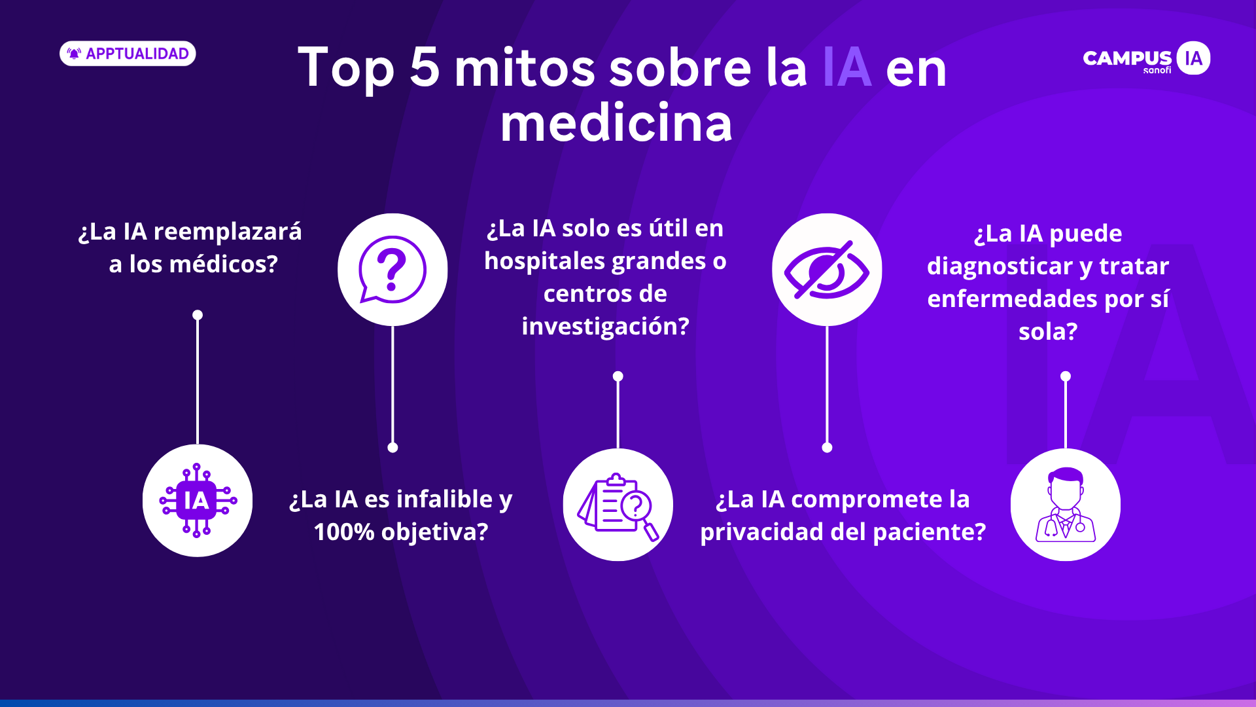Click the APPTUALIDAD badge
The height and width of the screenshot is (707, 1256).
[128, 54]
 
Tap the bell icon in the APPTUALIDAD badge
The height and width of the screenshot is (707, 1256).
[75, 54]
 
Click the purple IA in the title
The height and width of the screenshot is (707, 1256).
[846, 67]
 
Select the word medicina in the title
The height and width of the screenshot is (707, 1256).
[616, 123]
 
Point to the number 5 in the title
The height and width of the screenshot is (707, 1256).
[425, 67]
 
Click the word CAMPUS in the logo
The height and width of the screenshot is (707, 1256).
[1127, 58]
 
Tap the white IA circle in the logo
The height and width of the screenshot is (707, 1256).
[1193, 58]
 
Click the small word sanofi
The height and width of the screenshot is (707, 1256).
[1157, 70]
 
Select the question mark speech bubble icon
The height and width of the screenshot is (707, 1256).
[392, 270]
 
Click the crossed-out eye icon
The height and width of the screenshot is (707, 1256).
[827, 270]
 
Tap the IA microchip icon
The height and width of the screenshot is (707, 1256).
[198, 501]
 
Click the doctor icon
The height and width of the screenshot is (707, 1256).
[1066, 505]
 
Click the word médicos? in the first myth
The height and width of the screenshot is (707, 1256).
[224, 264]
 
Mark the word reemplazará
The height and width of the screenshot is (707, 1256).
[228, 232]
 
